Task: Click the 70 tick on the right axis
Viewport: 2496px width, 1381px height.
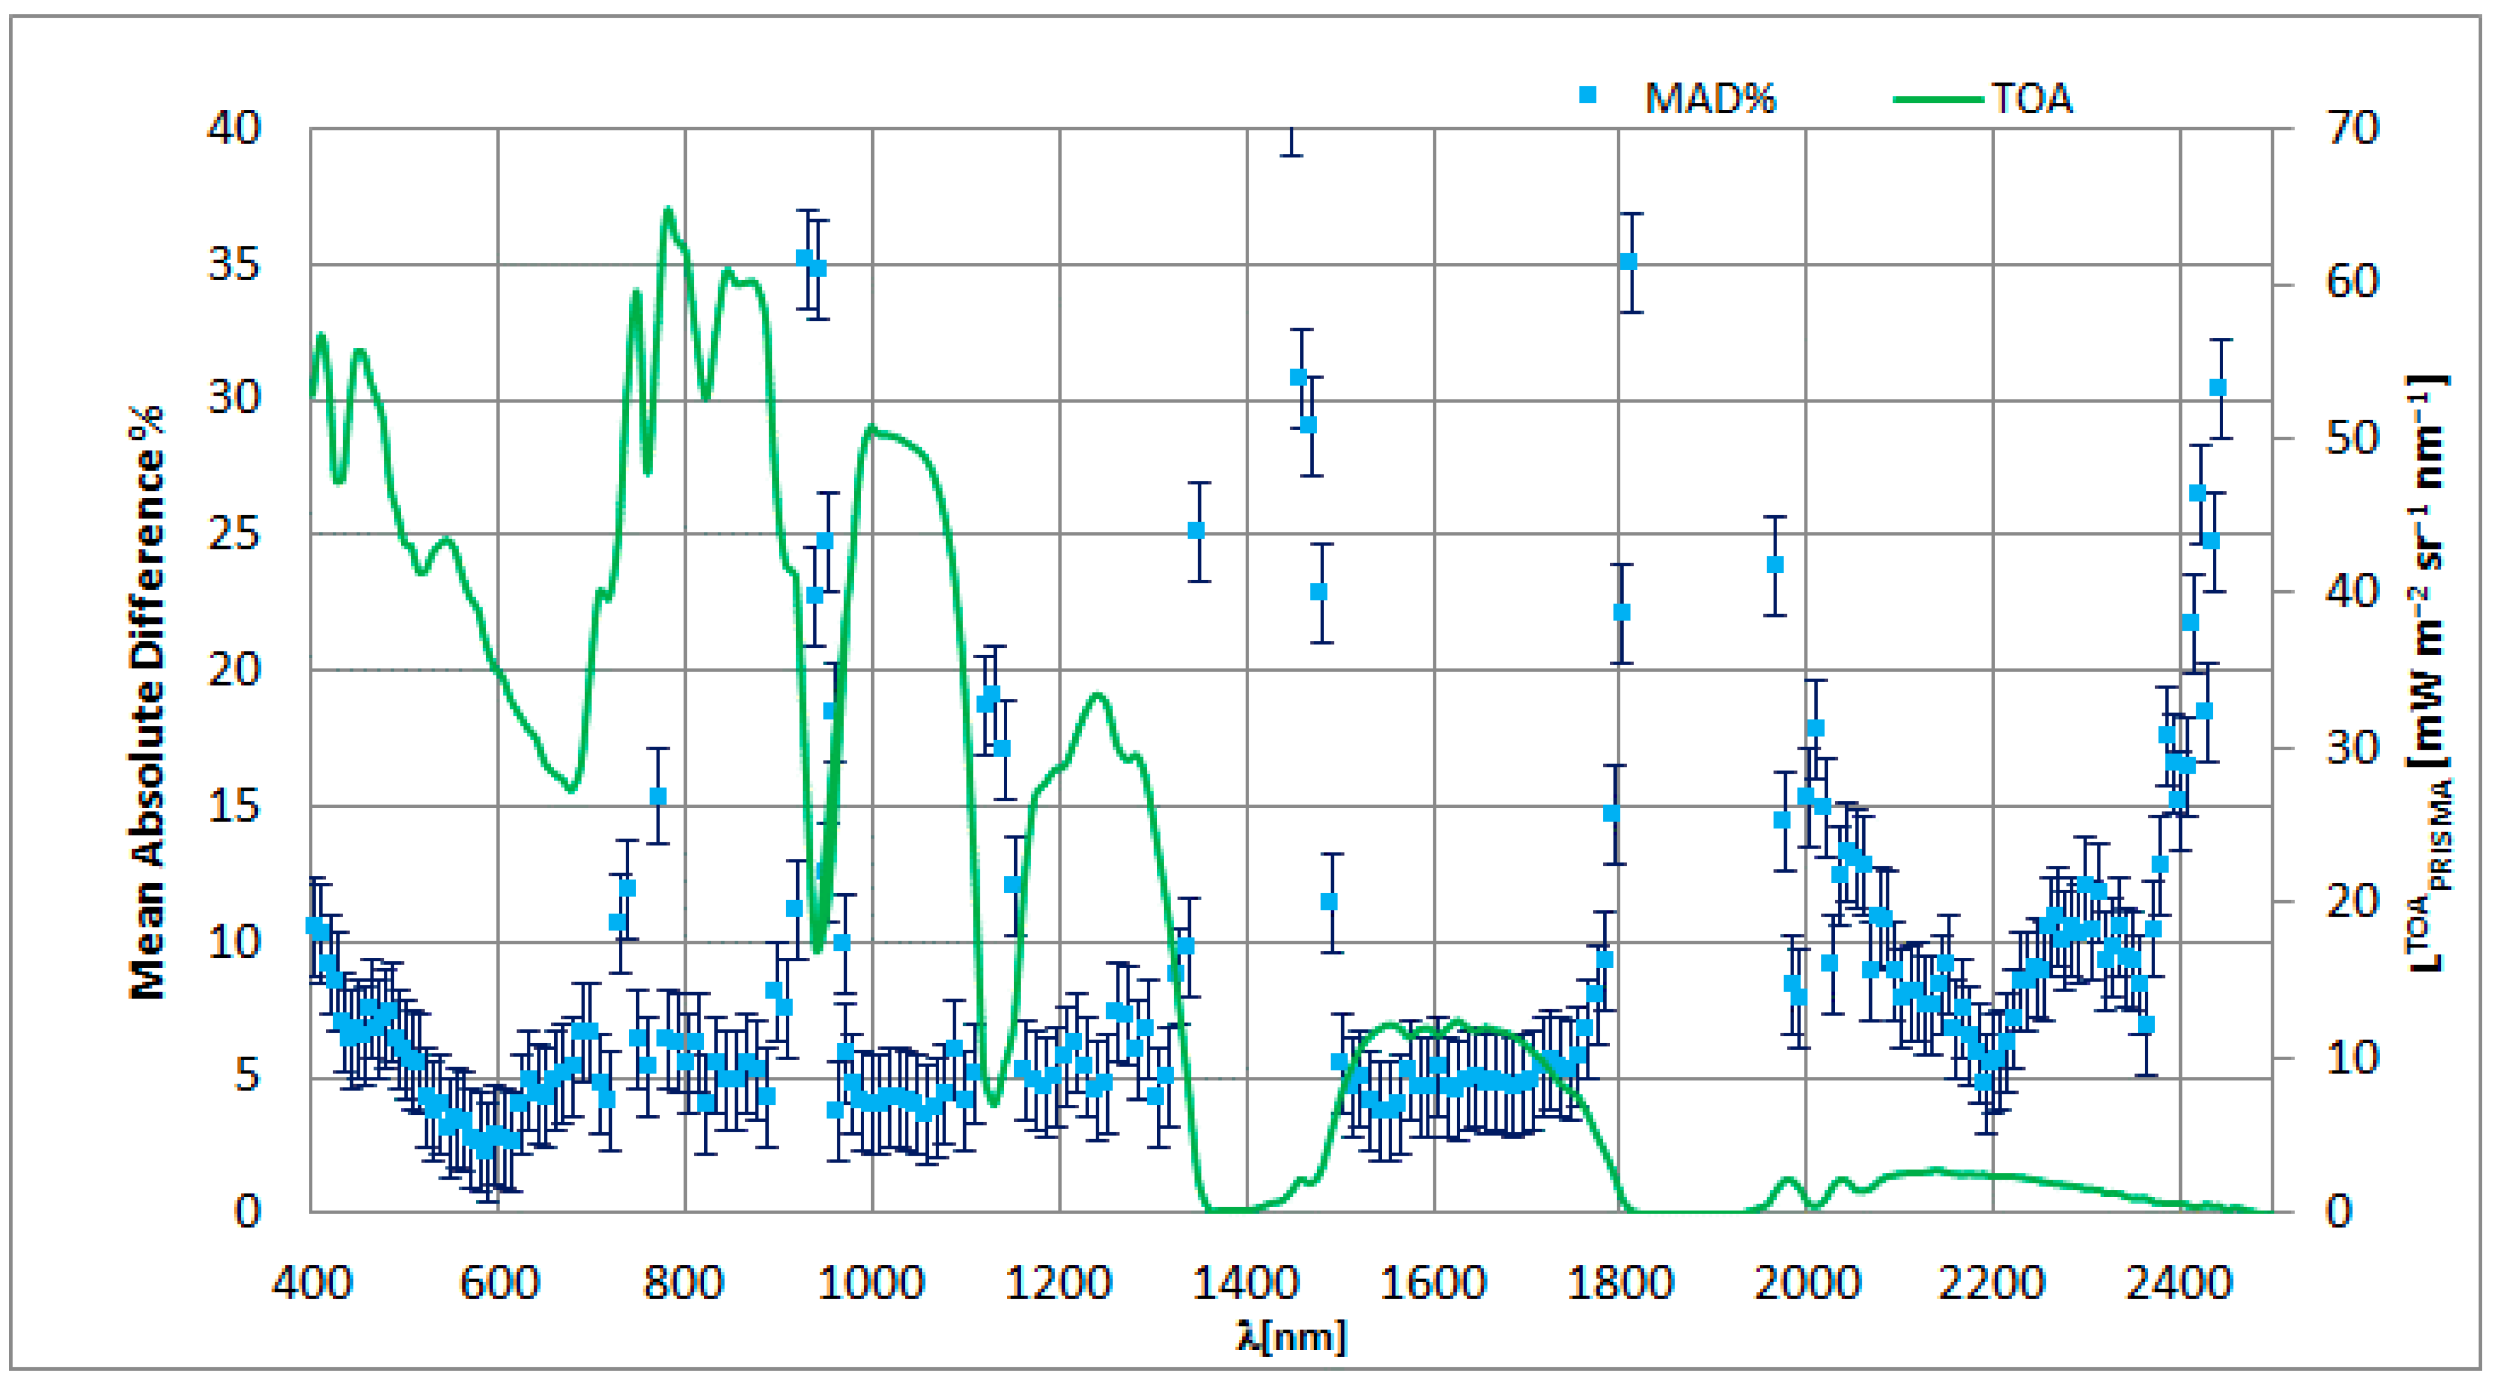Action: (x=2352, y=128)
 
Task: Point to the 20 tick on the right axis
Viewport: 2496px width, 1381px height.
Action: (x=2352, y=902)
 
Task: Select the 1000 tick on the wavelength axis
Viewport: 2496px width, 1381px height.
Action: (x=872, y=1283)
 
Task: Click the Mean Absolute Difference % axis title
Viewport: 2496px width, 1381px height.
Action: (x=148, y=702)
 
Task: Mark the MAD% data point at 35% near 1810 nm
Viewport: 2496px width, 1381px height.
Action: (x=1628, y=261)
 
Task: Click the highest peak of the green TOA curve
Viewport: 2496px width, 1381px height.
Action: (x=667, y=210)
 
